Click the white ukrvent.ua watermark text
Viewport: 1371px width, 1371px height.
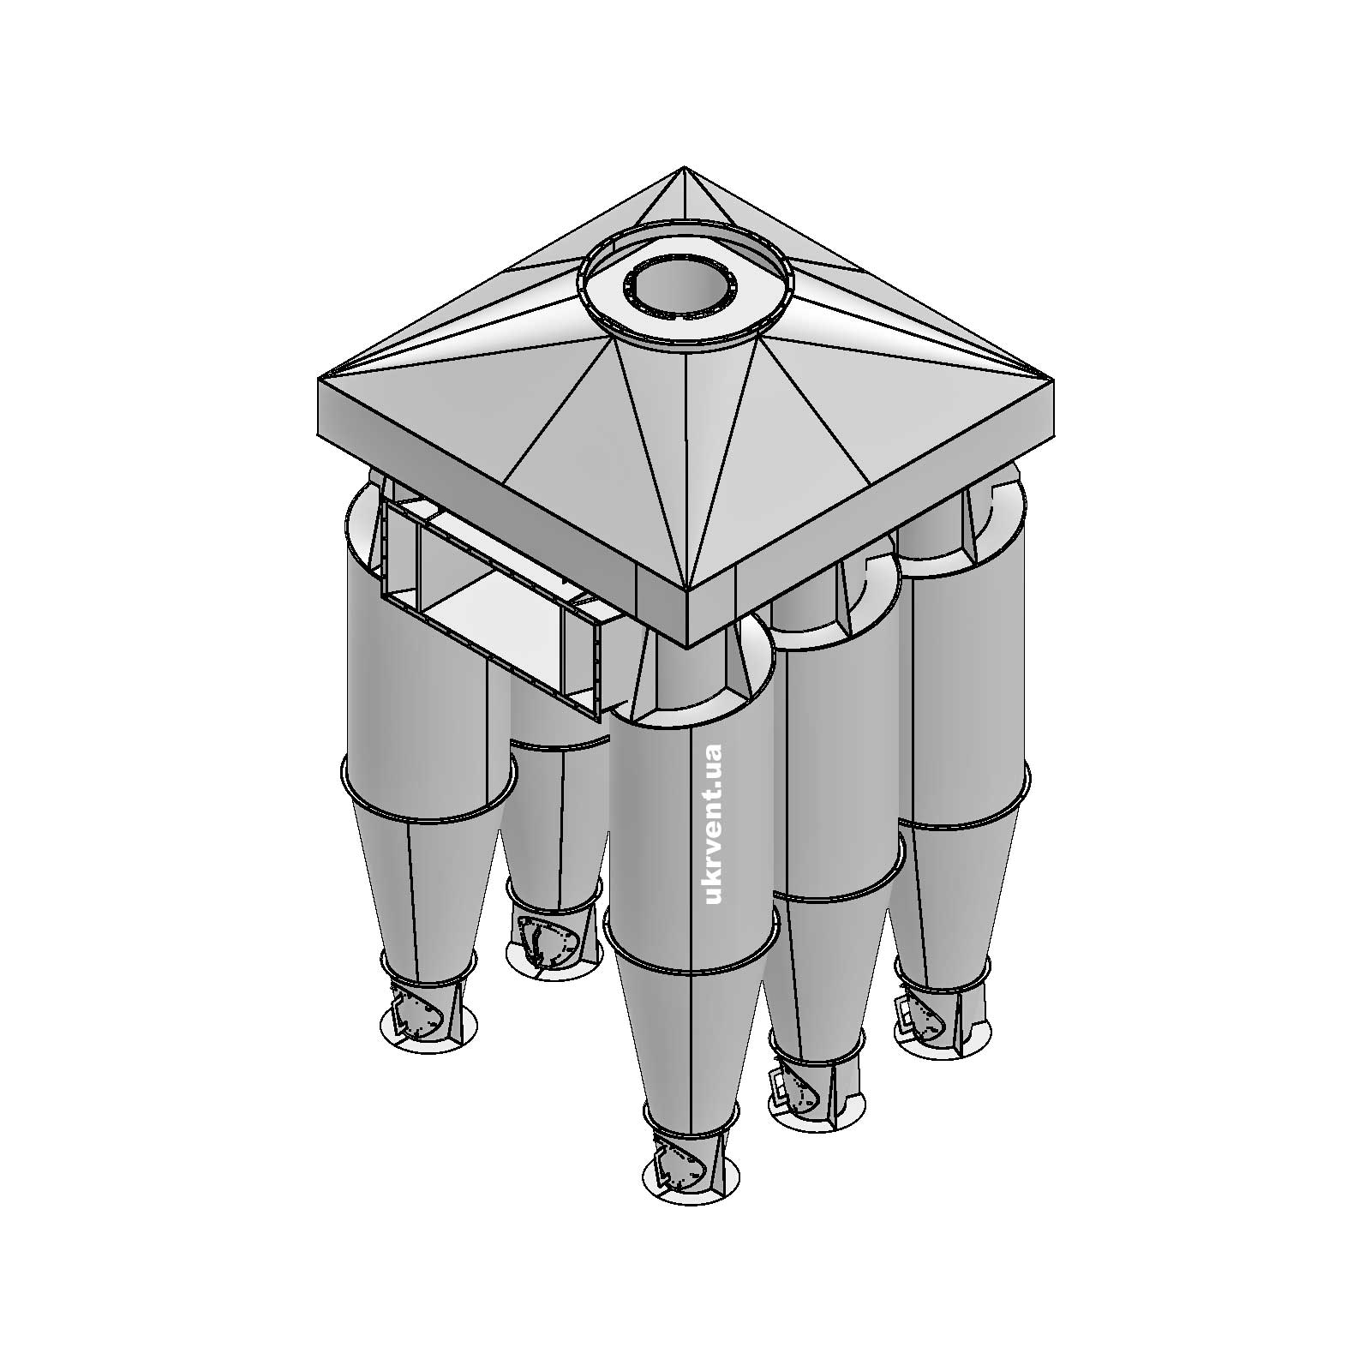pos(712,823)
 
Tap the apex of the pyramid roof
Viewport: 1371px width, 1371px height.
pos(684,168)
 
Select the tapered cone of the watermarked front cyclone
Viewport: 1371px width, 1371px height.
pos(690,1037)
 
